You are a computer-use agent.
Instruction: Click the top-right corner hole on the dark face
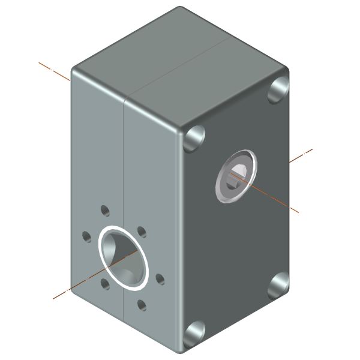pos(279,90)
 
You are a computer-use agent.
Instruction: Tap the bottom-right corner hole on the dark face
pos(279,285)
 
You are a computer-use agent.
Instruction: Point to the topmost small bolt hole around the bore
pos(105,210)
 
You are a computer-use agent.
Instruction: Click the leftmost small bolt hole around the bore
pos(86,236)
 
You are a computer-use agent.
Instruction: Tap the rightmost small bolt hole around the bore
pos(160,279)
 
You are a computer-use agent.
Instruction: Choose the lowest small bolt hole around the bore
pos(142,305)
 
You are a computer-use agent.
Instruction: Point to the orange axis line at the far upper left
pos(54,70)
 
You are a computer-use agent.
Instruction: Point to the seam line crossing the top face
pos(180,66)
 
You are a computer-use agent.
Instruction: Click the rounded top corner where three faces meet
pos(180,127)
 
